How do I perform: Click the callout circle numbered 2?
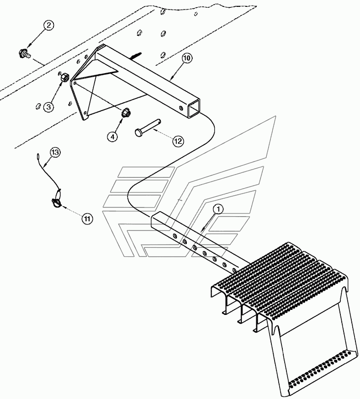point(48,25)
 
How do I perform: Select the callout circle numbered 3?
point(48,107)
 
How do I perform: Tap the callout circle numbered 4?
point(112,137)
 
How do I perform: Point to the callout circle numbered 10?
point(186,58)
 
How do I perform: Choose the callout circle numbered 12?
point(178,141)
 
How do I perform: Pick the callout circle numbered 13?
point(55,152)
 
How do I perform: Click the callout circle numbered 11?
point(87,218)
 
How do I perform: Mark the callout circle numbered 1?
point(218,209)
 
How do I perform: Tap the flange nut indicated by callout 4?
point(124,112)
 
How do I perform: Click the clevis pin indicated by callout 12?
point(148,126)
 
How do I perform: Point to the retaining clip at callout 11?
point(57,202)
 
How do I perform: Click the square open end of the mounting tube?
point(194,108)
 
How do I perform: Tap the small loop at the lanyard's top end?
point(38,156)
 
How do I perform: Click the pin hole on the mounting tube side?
point(180,108)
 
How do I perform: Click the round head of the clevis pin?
point(138,132)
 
